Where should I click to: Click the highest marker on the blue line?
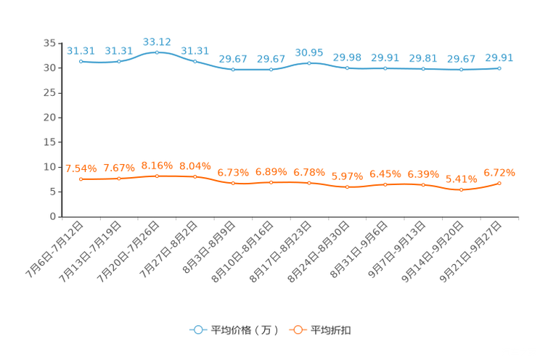157,52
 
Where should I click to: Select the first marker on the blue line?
81,62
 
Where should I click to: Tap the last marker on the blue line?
499,68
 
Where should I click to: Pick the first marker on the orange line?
81,179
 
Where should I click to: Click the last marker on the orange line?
499,183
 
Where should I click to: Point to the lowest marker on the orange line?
461,190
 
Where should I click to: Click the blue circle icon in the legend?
198,330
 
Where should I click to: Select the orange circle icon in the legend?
298,330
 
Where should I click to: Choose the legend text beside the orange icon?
332,330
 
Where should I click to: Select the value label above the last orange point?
499,172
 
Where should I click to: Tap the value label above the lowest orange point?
461,179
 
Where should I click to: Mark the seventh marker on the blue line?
309,63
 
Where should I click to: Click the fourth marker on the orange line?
195,176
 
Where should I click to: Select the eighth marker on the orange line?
348,187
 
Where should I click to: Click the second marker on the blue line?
119,61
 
